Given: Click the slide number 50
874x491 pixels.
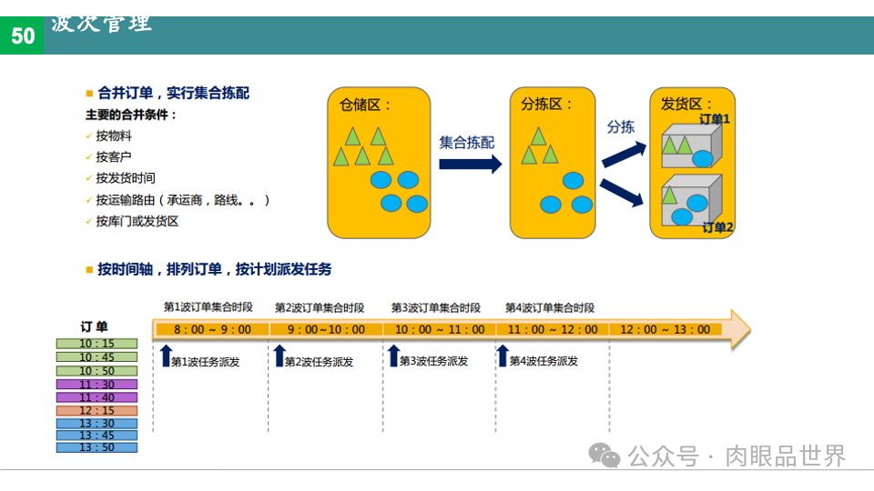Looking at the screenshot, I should click(23, 35).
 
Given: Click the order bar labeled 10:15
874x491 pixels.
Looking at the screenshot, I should click(97, 344).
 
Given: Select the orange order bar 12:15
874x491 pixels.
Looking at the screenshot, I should click(97, 410).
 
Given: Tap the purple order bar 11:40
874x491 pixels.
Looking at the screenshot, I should click(97, 397).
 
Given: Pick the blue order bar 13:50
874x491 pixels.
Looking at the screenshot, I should click(97, 447).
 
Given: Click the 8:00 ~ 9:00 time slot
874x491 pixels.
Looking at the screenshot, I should click(211, 329).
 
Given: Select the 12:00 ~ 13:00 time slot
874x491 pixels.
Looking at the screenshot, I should click(666, 329).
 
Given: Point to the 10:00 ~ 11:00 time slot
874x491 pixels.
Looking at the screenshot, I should click(439, 329).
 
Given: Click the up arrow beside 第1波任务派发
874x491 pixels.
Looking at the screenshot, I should click(165, 356).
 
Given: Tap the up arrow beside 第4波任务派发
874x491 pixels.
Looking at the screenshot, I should click(502, 356).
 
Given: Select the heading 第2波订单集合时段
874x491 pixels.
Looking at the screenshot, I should click(320, 308).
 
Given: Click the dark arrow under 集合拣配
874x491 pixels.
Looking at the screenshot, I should click(470, 164).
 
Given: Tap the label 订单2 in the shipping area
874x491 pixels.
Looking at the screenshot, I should click(717, 227).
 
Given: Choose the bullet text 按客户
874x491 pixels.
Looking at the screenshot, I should click(114, 157).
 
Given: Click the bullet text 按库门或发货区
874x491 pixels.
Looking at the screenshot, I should click(137, 221).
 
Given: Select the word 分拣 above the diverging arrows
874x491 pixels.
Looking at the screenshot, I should click(621, 127).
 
